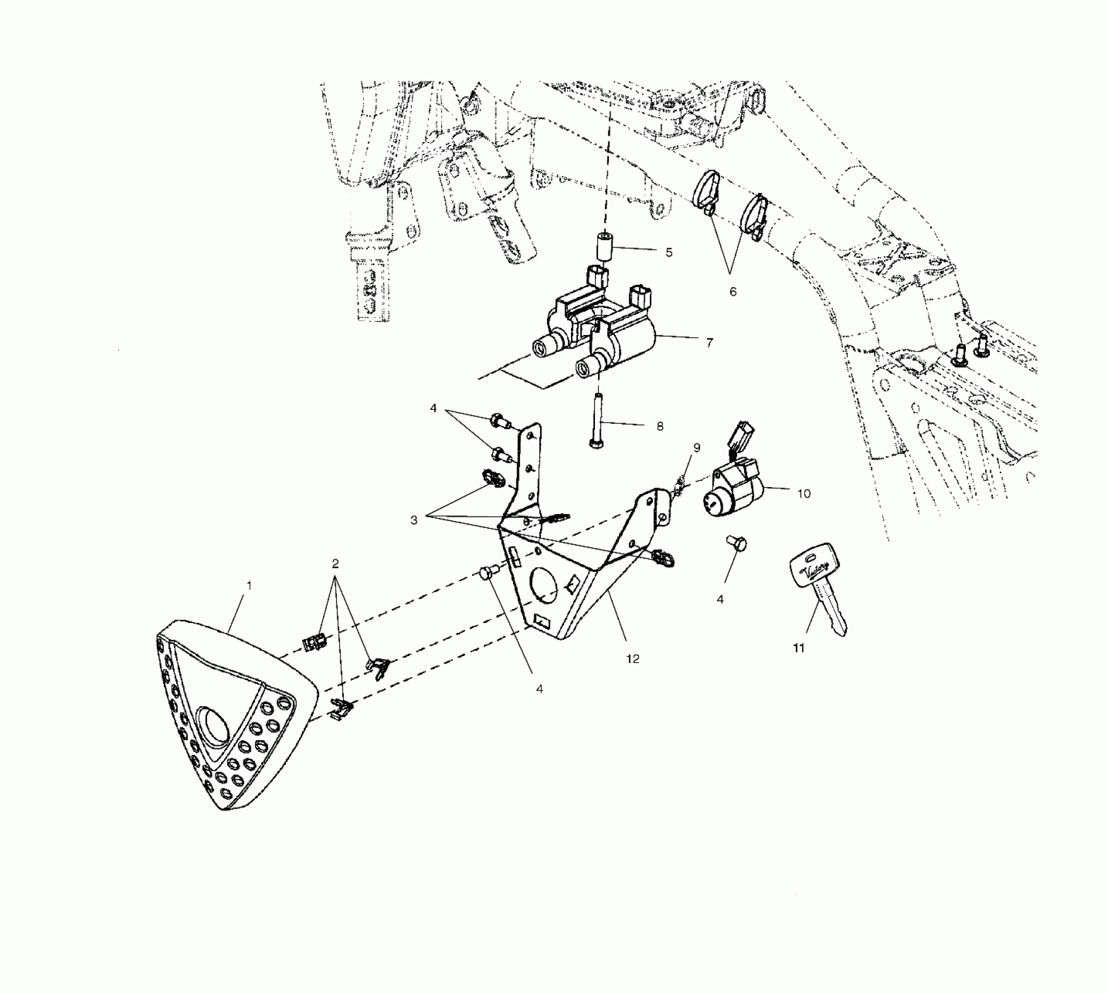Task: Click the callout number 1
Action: (249, 585)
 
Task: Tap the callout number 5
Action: (669, 253)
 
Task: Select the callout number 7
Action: (709, 343)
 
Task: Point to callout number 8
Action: (660, 427)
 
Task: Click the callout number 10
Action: (804, 494)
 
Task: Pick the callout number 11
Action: (799, 648)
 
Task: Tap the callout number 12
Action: (632, 659)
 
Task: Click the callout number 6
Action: (733, 291)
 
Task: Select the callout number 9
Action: (696, 448)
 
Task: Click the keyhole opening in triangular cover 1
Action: (215, 726)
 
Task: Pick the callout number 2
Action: (335, 564)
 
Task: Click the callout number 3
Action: (414, 520)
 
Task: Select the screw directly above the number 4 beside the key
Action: (735, 543)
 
